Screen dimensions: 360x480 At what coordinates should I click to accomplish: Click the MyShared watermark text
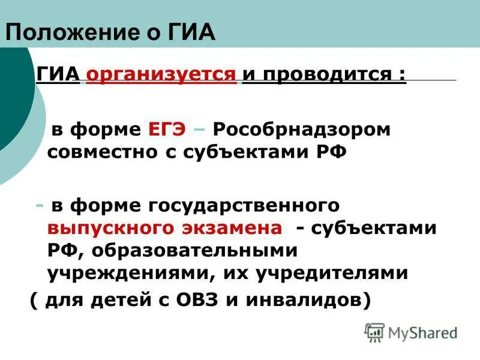422,332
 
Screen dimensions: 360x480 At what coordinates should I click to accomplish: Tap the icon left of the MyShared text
375,332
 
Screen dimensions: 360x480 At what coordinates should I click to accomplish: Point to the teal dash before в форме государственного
39,206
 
